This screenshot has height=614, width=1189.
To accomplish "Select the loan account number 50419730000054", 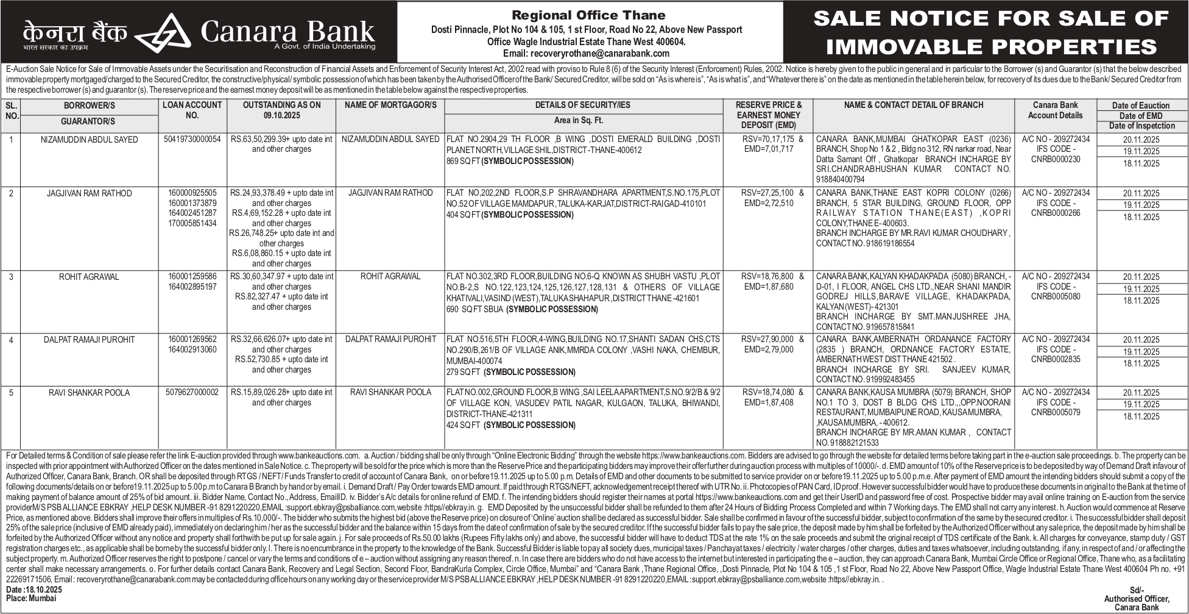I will tap(192, 140).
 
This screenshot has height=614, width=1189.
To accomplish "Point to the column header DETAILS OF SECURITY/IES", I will tap(582, 105).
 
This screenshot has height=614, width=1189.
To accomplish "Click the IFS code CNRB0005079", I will tap(1056, 413).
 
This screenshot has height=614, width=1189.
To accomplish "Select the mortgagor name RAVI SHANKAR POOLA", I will tap(390, 393).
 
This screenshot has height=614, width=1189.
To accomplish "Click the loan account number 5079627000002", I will tap(192, 393).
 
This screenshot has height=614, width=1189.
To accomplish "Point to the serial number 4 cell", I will tap(10, 340).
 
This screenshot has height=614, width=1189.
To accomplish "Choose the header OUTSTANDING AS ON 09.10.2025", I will tap(281, 110).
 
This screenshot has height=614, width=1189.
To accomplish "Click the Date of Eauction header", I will tap(1141, 105).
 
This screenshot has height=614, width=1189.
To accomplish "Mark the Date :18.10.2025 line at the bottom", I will tap(34, 590).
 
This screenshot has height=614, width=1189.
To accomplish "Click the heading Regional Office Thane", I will tap(588, 15).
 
